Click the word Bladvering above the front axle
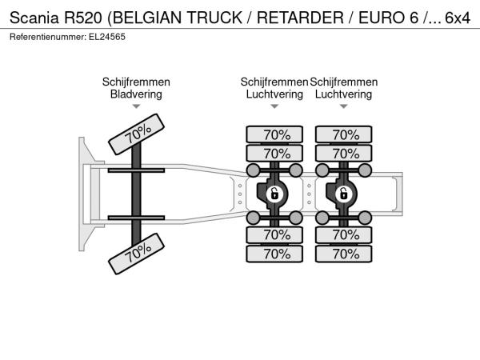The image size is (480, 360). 136,94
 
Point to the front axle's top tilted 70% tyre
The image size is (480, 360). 138,133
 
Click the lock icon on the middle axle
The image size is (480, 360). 274,194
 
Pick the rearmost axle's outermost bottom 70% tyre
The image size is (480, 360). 345,254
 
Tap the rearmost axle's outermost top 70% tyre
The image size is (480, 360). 345,134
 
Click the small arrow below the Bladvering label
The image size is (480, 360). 136,106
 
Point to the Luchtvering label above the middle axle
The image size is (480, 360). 274,94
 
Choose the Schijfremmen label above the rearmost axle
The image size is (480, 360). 344,82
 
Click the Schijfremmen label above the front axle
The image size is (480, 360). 136,82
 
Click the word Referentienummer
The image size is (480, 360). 44,37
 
